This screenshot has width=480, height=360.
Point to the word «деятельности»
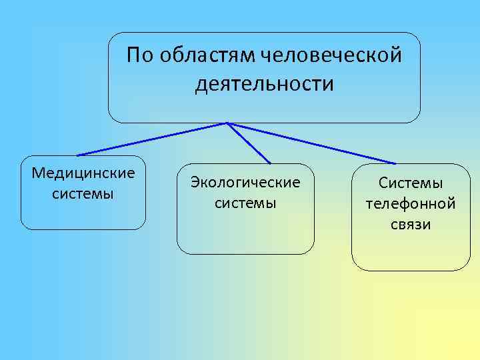tap(265, 85)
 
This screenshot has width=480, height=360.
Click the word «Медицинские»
tap(83, 173)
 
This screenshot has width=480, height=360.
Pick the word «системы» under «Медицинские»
tap(83, 193)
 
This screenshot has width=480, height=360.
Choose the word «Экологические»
tap(245, 181)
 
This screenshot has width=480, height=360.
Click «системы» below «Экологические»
tap(245, 201)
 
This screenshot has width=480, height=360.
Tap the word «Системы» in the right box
tap(411, 183)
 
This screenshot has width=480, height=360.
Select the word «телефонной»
tap(411, 203)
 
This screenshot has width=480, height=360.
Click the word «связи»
tap(411, 224)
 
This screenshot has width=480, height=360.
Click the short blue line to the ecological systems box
tap(249, 143)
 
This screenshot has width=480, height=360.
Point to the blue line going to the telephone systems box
tap(313, 143)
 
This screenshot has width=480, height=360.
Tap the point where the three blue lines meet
tap(227, 123)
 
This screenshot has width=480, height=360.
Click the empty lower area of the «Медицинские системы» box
tap(83, 215)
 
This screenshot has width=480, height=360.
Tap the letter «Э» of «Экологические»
tap(195, 181)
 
